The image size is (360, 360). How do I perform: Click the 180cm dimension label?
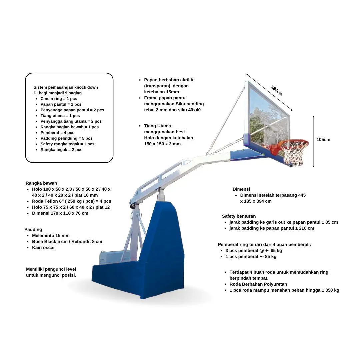(x=277, y=91)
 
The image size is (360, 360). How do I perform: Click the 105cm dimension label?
(x=323, y=140)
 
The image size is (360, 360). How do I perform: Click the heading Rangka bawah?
(x=41, y=183)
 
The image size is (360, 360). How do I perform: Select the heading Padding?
(x=33, y=229)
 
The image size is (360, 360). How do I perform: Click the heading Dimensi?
(x=241, y=189)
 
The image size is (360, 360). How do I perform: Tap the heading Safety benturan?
(x=239, y=216)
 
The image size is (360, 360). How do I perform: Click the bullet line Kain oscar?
(x=43, y=248)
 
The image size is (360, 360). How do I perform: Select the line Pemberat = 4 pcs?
(x=57, y=133)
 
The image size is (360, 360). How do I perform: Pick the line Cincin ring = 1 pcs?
(x=59, y=99)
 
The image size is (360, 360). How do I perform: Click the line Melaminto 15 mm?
(x=51, y=236)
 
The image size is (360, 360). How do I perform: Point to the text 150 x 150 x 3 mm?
(x=163, y=144)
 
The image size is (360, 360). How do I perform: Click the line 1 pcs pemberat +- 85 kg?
(x=251, y=257)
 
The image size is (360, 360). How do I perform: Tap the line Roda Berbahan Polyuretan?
(x=258, y=284)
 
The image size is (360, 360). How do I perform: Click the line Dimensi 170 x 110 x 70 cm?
(x=60, y=213)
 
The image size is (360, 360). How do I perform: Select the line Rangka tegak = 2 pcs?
(x=61, y=150)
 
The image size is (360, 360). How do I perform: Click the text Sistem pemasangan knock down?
(x=66, y=87)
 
